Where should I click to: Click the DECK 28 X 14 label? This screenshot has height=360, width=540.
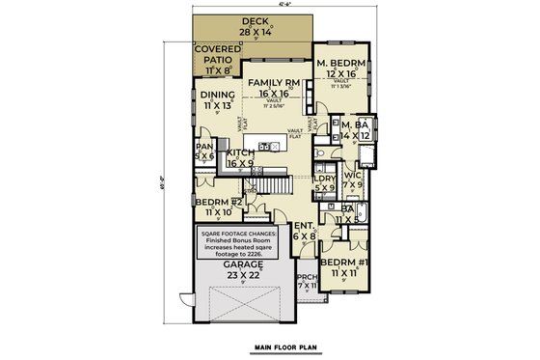click(x=256, y=26)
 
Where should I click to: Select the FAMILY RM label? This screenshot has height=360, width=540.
click(x=276, y=91)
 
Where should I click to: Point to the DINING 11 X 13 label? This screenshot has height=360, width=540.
click(x=216, y=99)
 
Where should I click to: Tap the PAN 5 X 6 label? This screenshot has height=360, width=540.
click(x=203, y=152)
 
